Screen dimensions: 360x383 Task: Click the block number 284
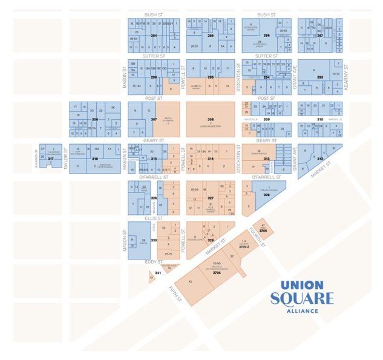(x=154, y=36)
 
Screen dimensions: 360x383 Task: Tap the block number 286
(x=266, y=36)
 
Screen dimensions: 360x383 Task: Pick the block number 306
(x=94, y=119)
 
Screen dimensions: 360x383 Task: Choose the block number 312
(x=320, y=159)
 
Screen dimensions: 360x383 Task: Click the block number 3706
(x=263, y=231)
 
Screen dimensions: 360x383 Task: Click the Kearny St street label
(x=347, y=77)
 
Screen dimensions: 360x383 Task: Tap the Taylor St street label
(x=65, y=159)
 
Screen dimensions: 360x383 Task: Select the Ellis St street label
(x=154, y=218)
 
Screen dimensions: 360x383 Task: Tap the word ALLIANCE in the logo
(x=301, y=312)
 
